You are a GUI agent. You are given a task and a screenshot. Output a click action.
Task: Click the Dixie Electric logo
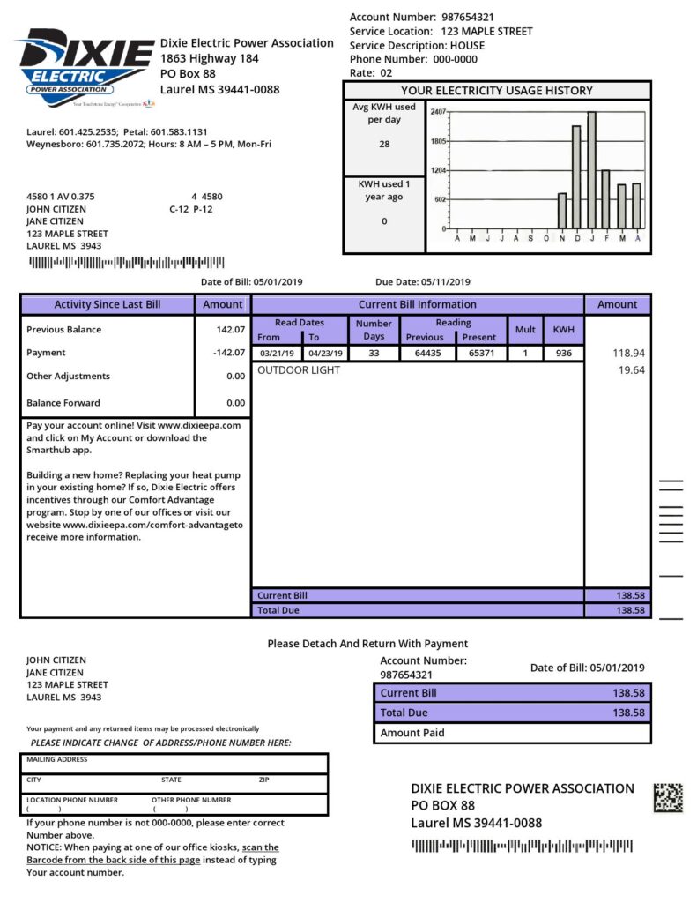pos(85,67)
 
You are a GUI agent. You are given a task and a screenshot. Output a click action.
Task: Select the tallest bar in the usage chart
pos(591,169)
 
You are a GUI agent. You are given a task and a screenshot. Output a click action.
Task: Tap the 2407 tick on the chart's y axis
pos(438,113)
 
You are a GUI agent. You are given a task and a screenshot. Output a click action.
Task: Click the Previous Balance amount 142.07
pos(230,330)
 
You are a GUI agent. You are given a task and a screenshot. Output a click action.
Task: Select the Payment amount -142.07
pos(228,353)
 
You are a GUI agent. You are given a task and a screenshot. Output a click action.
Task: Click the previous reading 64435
pos(427,354)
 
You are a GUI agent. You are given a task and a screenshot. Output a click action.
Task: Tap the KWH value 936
pos(563,354)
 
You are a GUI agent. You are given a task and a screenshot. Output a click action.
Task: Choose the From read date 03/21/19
pos(276,354)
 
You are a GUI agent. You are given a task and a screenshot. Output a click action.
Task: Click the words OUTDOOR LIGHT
pos(298,371)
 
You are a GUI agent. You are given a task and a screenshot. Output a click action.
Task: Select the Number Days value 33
pos(374,354)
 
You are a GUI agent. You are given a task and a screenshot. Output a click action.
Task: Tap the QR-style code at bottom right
pos(667,797)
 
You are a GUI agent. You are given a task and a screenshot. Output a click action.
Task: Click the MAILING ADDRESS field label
pos(57,759)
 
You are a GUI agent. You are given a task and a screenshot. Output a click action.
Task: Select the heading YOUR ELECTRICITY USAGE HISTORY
pos(497,91)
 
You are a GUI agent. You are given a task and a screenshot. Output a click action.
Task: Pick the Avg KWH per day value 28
pos(384,144)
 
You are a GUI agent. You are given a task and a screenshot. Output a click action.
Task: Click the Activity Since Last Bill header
pos(108,305)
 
